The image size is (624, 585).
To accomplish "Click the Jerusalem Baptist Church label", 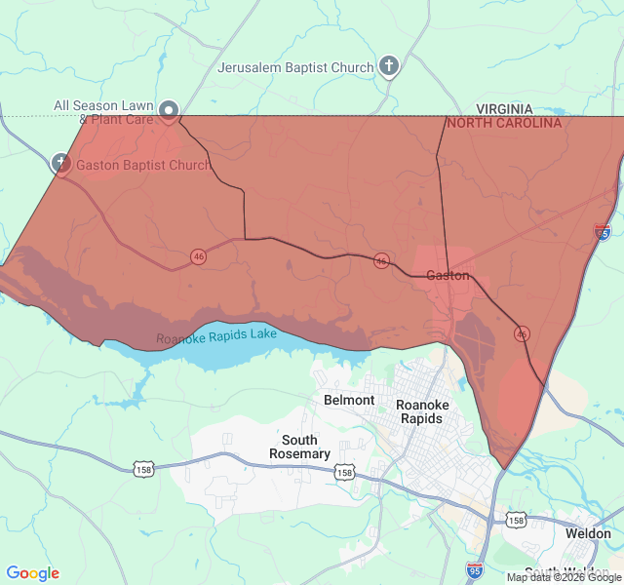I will click(295, 67).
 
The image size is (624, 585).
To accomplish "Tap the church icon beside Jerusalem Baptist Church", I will click(389, 66).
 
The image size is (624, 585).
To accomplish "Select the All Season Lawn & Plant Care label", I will click(102, 112).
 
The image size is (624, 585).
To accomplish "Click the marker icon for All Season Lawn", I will click(169, 110).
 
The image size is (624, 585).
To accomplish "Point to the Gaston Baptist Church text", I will click(142, 165).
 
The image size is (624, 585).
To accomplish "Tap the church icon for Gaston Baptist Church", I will click(60, 163).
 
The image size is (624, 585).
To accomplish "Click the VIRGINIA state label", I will click(504, 109).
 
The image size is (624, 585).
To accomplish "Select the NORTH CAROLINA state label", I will click(504, 124).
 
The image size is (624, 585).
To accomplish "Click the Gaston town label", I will click(448, 276).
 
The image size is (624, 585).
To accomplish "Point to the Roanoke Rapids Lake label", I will click(216, 336).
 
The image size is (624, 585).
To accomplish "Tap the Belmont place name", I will click(349, 400).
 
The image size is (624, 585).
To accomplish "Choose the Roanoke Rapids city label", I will click(422, 411).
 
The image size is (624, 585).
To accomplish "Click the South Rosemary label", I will click(299, 447).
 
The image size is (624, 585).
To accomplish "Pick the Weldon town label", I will click(588, 533).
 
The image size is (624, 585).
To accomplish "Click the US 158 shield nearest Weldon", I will click(516, 521).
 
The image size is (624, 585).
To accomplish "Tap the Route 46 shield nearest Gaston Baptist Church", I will click(199, 256).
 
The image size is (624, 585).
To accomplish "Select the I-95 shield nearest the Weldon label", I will click(475, 567).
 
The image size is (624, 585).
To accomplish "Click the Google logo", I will click(32, 574).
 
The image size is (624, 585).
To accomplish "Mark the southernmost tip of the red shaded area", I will click(503, 469).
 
